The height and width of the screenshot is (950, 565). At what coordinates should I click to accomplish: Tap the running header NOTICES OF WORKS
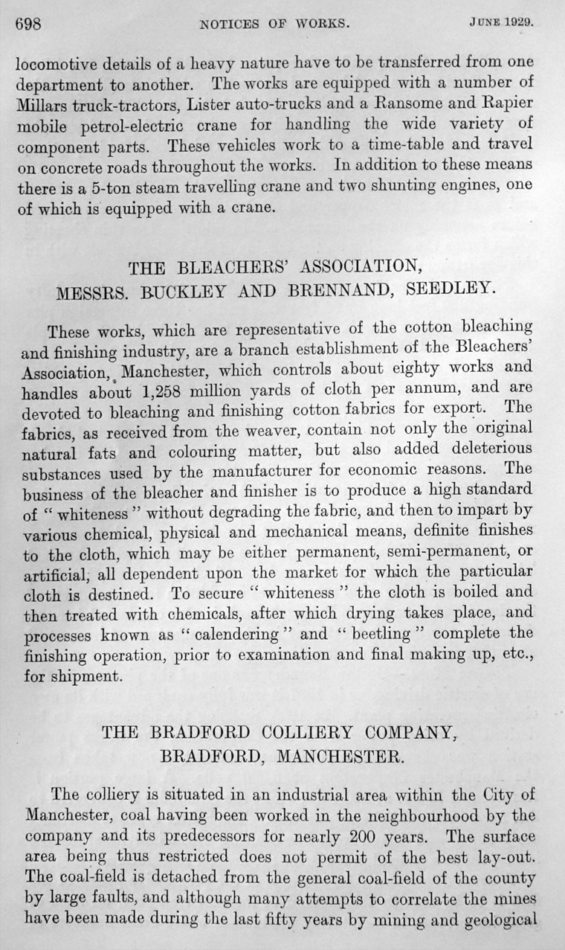tap(274, 23)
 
